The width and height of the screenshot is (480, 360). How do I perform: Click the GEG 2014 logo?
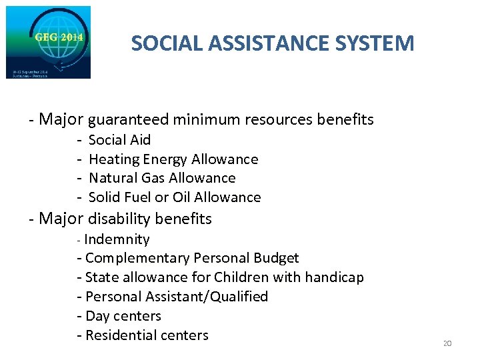tap(48, 42)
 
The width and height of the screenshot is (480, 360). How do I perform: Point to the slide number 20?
tap(447, 343)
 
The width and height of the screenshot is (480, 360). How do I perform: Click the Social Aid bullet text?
tap(120, 140)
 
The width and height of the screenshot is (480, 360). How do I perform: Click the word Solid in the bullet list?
tap(103, 197)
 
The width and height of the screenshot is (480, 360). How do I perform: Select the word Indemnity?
tap(117, 239)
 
